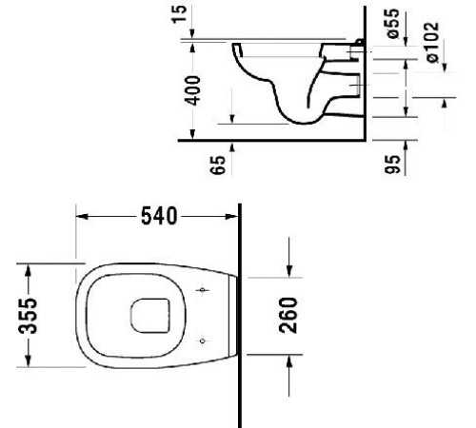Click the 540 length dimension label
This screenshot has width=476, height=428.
tap(157, 218)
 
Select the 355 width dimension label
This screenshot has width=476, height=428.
tap(30, 315)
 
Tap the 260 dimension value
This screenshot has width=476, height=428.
tap(291, 313)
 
